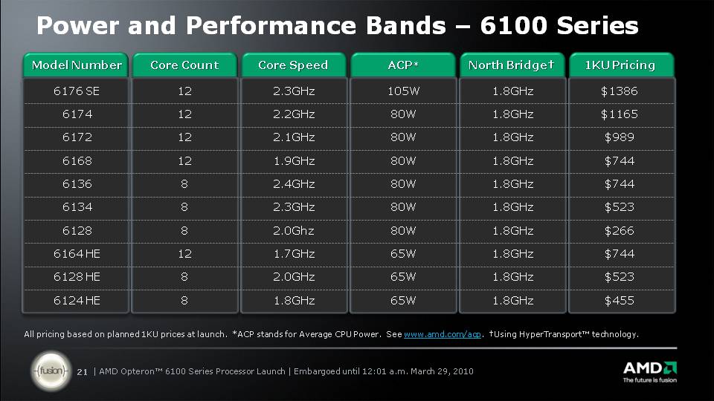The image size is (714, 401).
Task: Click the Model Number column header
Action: tap(76, 65)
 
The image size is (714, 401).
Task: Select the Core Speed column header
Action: tap(293, 65)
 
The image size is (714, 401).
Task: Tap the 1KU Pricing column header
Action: tap(620, 65)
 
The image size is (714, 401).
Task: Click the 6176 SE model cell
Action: tap(76, 91)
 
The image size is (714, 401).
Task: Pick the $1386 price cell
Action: tap(620, 91)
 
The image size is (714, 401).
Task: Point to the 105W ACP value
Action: tap(403, 91)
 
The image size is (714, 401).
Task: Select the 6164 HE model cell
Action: tap(77, 254)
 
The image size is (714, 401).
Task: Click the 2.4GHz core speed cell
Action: tap(294, 183)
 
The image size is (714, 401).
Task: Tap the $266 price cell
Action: tap(620, 230)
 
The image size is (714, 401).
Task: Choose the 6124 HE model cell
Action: tap(77, 301)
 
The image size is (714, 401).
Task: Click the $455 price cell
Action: tap(620, 301)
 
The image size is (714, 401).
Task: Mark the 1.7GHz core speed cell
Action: tap(294, 254)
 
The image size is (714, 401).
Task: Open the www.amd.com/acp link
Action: tap(442, 334)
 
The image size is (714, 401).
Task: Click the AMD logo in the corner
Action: tap(650, 372)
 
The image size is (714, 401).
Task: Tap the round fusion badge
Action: tap(51, 371)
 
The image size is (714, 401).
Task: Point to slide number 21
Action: tap(82, 372)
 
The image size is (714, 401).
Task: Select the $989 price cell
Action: tap(620, 137)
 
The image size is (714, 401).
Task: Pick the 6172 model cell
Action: tap(77, 137)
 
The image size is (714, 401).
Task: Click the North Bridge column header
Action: tap(512, 65)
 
